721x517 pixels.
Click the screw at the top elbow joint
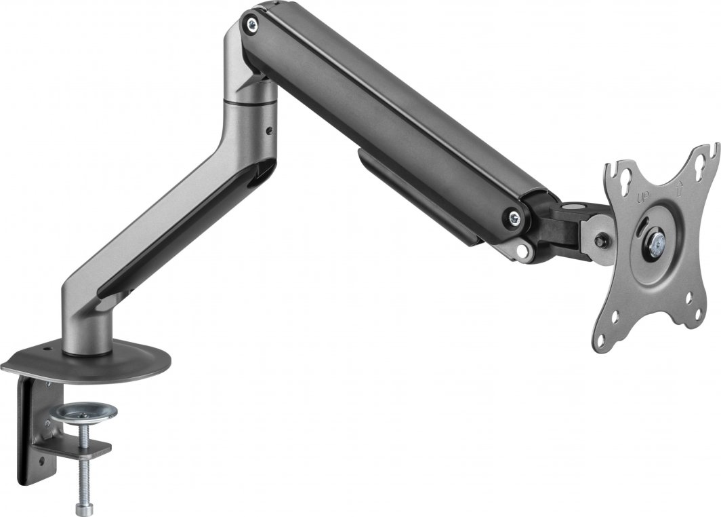coord(253,24)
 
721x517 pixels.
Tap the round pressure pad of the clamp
coord(86,411)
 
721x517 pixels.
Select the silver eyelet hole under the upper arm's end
coord(522,250)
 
